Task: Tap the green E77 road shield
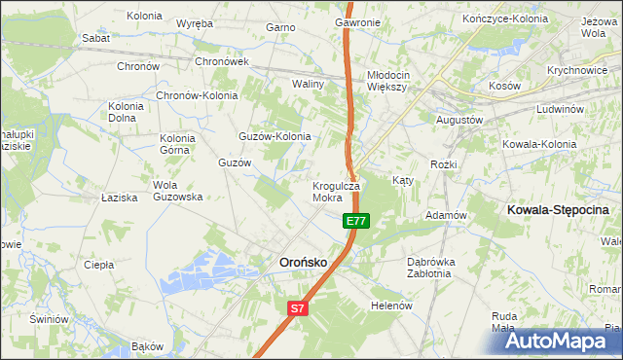click(x=355, y=222)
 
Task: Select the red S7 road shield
click(x=298, y=308)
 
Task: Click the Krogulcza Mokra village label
click(x=336, y=191)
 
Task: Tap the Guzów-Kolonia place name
click(x=275, y=136)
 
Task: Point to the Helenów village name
click(x=393, y=305)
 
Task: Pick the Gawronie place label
click(x=357, y=22)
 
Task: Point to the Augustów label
click(x=460, y=119)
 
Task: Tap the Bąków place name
click(x=146, y=346)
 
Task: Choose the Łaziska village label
click(x=119, y=198)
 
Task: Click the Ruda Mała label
click(x=503, y=322)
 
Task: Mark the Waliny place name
click(x=308, y=85)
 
